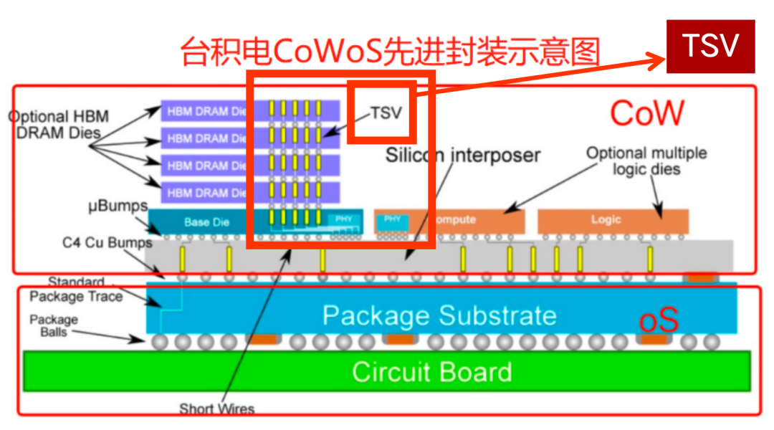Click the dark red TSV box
coord(710,47)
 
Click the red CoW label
coord(646,113)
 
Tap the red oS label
coord(658,321)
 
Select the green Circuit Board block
coord(387,372)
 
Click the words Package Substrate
coord(439,315)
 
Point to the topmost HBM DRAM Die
coord(208,111)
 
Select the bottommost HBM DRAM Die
coord(208,192)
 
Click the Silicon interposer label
coord(462,154)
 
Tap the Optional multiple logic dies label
coord(646,161)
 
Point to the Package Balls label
coord(53,325)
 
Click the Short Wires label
coord(216,408)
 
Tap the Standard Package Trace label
coord(76,289)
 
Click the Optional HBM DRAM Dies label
coord(57,124)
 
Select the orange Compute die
coord(459,220)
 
